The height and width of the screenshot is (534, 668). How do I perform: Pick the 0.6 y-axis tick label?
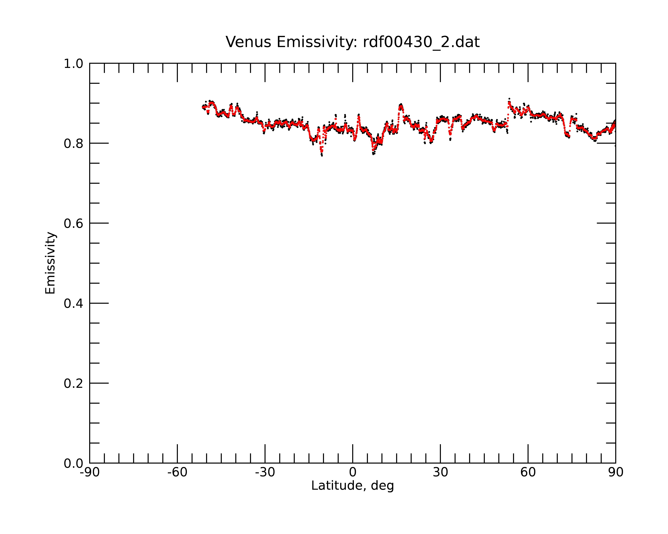[73, 223]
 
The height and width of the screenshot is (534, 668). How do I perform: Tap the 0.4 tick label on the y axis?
[73, 303]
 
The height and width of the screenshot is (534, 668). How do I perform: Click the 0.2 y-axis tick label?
[73, 383]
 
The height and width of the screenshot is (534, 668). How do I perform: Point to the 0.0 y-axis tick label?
[73, 463]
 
